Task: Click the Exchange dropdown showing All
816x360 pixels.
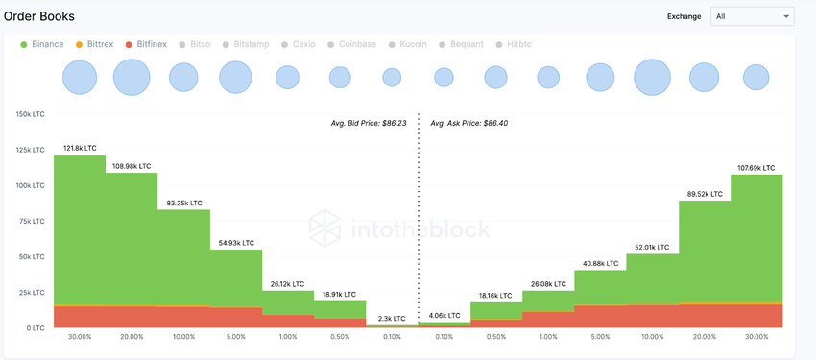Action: tap(752, 16)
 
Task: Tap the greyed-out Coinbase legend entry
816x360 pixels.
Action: tap(351, 44)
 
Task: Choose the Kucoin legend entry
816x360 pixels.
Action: tap(407, 44)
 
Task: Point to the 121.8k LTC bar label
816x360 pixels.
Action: tap(79, 148)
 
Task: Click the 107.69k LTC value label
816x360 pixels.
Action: tap(757, 168)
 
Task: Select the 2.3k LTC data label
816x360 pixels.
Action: tap(391, 318)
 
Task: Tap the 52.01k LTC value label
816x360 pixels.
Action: tap(653, 247)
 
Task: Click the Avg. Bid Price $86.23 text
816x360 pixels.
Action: tap(369, 123)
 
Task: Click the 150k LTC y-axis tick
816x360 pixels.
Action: tap(30, 114)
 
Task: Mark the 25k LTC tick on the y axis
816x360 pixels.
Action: tap(32, 292)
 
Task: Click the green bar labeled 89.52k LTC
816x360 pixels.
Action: tap(705, 250)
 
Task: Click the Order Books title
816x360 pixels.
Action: tap(39, 16)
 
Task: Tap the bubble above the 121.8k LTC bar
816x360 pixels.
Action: tap(80, 77)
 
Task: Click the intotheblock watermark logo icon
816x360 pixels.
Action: tap(325, 228)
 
